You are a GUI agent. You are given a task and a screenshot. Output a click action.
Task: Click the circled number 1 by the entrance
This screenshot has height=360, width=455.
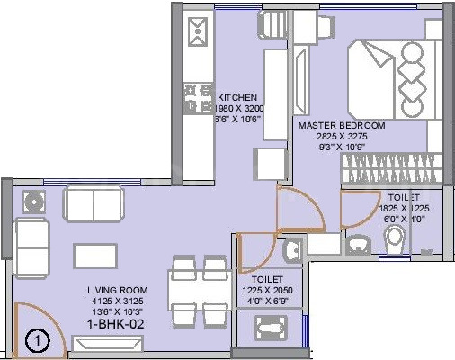pyautogui.click(x=35, y=341)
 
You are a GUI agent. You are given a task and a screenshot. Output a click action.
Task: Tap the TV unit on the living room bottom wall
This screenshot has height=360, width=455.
pyautogui.click(x=107, y=343)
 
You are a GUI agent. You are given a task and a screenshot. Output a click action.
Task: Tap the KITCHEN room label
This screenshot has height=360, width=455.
pyautogui.click(x=237, y=97)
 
